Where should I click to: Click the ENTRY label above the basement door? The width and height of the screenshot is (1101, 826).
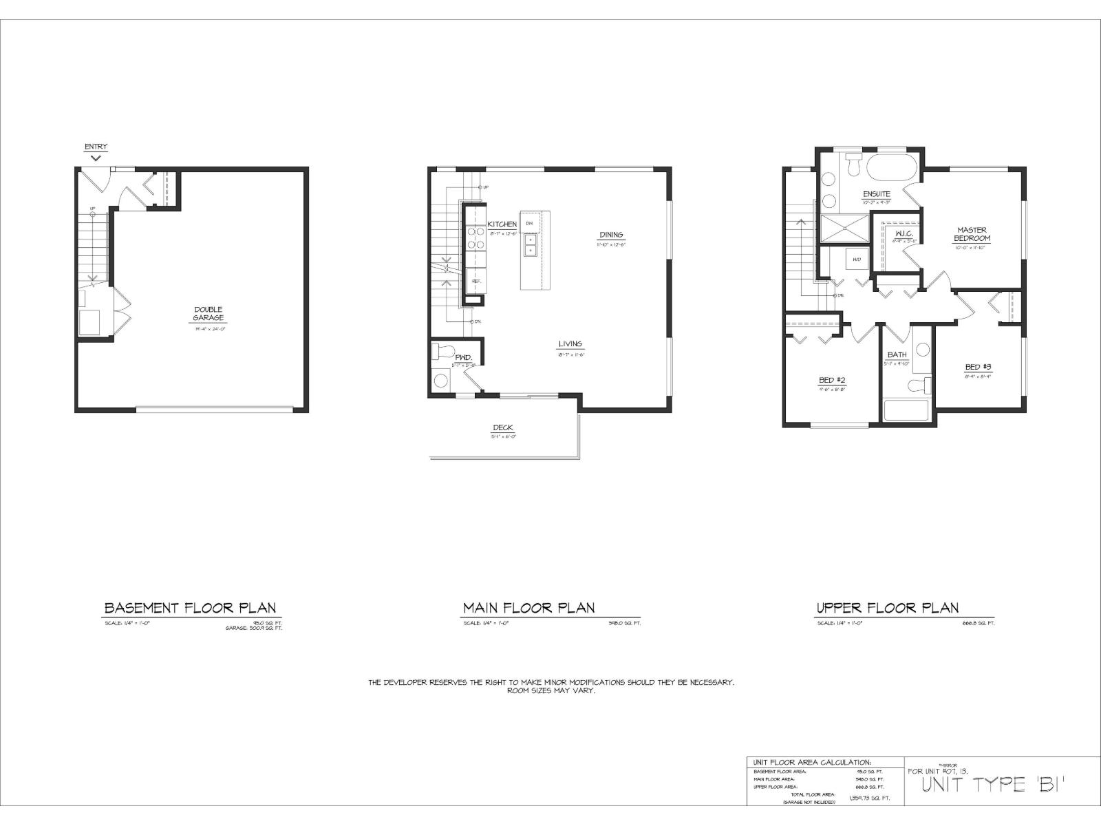[96, 147]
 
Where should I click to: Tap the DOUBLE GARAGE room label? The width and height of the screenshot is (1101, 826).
[208, 313]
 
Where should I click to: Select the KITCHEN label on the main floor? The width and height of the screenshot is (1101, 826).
[502, 225]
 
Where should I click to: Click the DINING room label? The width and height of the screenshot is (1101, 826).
[610, 235]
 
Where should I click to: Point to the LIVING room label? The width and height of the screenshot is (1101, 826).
[570, 344]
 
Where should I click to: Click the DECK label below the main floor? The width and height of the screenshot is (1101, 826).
[503, 428]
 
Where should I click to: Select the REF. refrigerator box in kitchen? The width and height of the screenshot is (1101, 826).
[475, 281]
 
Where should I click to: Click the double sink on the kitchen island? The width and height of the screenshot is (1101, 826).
[530, 244]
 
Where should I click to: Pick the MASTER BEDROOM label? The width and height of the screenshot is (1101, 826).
[971, 234]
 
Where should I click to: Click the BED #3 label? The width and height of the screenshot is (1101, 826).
[977, 368]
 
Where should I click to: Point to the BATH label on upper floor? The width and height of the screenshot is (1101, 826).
[897, 355]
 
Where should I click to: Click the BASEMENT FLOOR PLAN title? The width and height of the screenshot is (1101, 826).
[190, 608]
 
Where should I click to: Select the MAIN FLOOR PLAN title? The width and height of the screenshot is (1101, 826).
[528, 608]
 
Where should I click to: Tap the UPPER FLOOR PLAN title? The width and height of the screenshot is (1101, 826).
[887, 608]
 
